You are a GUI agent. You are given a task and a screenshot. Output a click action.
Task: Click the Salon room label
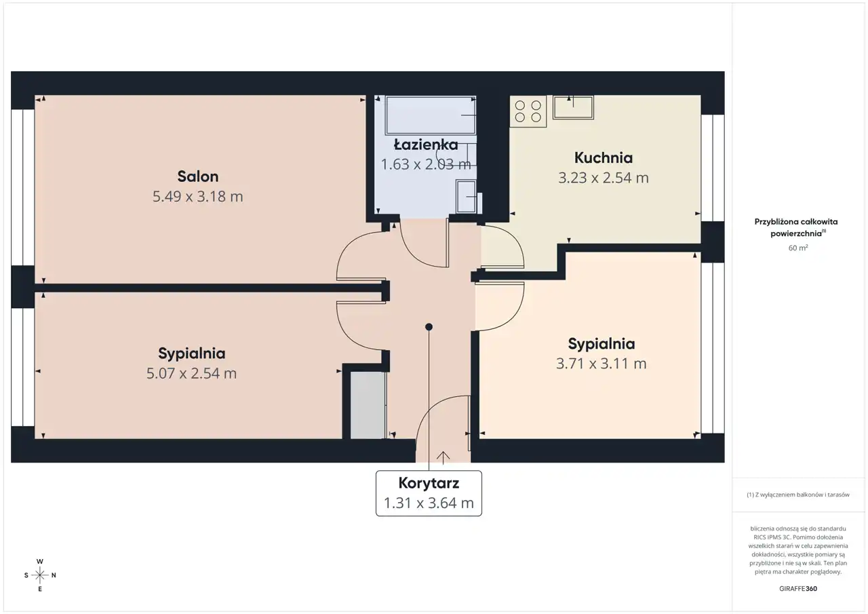(197, 176)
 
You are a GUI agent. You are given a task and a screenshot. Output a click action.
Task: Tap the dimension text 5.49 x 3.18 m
(197, 197)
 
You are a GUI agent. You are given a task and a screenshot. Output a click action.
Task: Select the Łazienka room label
(426, 145)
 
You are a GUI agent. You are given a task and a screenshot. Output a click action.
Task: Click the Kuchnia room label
(604, 158)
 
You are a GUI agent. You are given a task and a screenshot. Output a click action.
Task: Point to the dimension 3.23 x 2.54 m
(604, 178)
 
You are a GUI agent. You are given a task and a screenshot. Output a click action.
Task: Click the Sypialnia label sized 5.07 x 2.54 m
(191, 353)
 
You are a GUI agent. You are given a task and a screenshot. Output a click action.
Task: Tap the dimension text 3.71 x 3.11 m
(601, 364)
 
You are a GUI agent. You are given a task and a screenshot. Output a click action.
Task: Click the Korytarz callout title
(429, 483)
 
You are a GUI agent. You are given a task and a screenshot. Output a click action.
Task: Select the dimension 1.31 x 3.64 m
(429, 503)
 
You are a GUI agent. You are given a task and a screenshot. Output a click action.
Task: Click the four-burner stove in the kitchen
(528, 111)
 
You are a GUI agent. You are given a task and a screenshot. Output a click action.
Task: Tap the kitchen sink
(573, 107)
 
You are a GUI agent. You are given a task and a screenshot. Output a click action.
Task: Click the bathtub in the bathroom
(430, 115)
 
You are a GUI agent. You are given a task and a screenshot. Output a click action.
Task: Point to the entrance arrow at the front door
(443, 457)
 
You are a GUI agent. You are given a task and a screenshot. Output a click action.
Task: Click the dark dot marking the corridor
(429, 327)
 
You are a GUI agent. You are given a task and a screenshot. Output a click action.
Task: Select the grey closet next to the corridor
(368, 406)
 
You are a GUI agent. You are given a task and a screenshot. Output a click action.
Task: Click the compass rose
(40, 575)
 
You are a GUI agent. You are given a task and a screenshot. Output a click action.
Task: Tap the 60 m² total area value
(798, 248)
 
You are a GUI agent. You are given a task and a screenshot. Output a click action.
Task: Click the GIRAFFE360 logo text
(798, 588)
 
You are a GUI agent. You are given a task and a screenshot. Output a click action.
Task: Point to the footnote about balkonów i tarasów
(798, 495)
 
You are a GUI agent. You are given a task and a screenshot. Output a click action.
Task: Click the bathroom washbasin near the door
(466, 196)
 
